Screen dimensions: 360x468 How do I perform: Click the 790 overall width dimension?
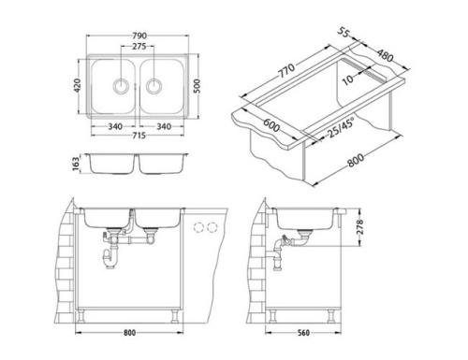(138, 39)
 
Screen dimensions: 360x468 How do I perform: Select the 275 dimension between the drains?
(138, 48)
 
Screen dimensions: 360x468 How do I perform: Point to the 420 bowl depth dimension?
(77, 86)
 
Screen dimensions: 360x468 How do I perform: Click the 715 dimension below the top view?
(138, 137)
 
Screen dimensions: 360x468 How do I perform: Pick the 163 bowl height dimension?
(77, 165)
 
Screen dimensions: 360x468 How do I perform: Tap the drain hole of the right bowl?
(153, 87)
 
